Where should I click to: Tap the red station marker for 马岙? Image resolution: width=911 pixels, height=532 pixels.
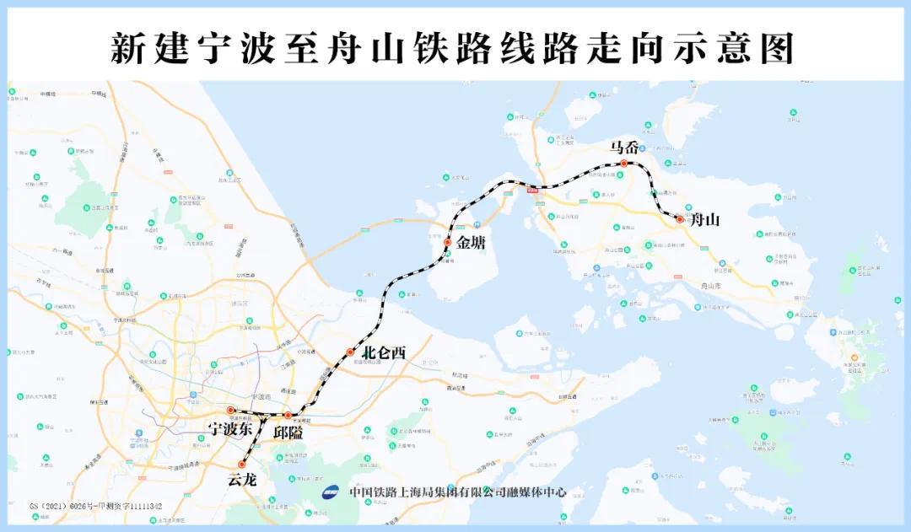pos(624,164)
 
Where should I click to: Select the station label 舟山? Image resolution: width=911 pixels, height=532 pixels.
pos(704,221)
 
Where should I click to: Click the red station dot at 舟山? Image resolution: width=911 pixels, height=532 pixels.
pos(680,219)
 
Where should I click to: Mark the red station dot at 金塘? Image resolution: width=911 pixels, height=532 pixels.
pos(448,243)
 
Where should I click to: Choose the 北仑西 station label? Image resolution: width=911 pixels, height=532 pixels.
pos(384,353)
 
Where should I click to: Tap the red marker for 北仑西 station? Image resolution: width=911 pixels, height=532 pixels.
pos(350,352)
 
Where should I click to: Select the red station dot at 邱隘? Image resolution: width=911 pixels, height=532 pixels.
pos(288,416)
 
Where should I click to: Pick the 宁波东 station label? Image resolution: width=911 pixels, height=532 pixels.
pos(230,429)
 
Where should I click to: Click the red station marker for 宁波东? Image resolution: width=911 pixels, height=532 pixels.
pos(230,411)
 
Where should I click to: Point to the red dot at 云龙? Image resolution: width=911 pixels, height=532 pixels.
pos(242,465)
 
